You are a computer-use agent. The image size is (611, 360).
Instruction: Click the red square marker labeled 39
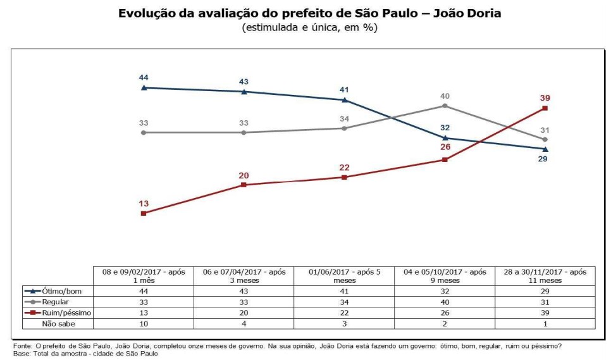pyautogui.click(x=545, y=108)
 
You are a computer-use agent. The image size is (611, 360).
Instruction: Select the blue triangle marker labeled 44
pyautogui.click(x=144, y=87)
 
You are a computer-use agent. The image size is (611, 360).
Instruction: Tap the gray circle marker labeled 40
pyautogui.click(x=445, y=106)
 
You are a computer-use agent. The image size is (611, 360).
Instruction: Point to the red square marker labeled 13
pyautogui.click(x=144, y=213)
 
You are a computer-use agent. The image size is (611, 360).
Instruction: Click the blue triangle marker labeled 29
pyautogui.click(x=545, y=149)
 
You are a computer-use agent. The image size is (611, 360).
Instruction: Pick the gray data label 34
pyautogui.click(x=344, y=119)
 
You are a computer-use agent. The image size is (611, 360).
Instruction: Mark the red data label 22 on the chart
pyautogui.click(x=344, y=167)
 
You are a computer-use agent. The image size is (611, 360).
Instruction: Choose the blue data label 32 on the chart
pyautogui.click(x=445, y=127)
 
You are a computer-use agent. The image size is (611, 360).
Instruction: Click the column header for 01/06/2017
pyautogui.click(x=344, y=275)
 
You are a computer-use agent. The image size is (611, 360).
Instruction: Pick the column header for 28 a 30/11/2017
pyautogui.click(x=545, y=275)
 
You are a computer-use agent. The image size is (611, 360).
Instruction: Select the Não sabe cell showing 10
pyautogui.click(x=144, y=323)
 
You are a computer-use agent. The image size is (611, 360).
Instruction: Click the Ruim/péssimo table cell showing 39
pyautogui.click(x=545, y=312)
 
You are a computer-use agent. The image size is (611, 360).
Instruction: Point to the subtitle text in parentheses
pyautogui.click(x=305, y=28)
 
